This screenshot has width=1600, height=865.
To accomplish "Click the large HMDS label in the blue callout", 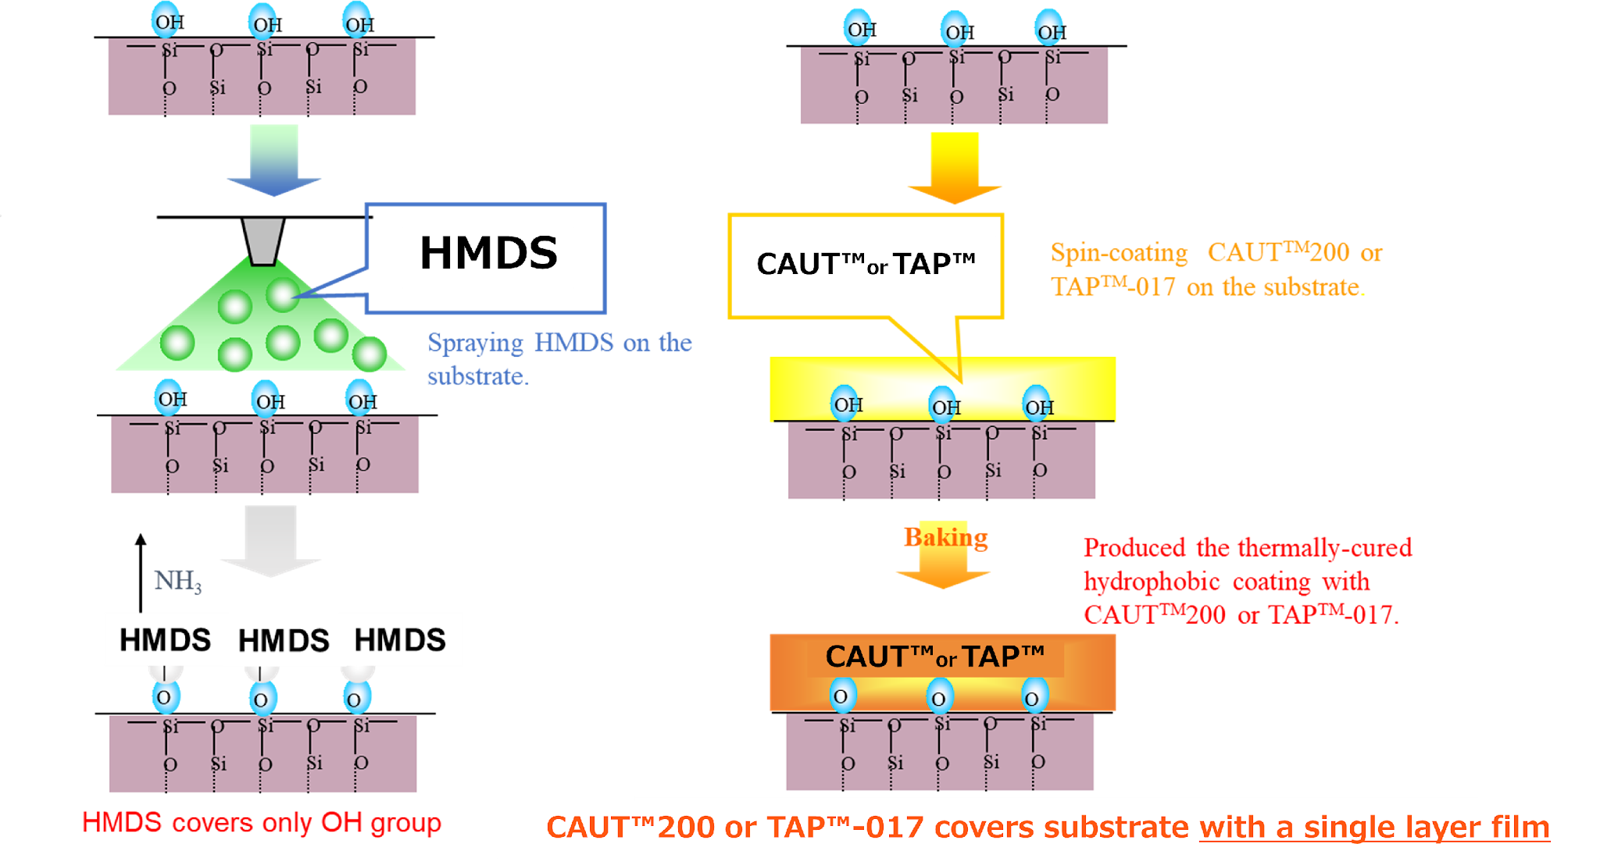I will point(488,255).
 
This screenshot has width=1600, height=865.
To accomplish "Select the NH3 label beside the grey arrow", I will point(178,582).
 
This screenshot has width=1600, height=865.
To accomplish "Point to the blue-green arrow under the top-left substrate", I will point(273,160).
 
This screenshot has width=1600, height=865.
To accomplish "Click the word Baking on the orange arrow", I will point(945,538).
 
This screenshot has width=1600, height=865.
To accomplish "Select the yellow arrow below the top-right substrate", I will point(955,167).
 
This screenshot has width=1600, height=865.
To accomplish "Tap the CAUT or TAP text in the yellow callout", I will point(866,265).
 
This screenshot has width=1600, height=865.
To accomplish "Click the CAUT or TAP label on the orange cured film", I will point(934,657).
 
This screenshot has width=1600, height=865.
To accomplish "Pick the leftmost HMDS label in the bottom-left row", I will point(165,640).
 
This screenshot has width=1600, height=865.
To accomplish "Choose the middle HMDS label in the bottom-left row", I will point(284,641).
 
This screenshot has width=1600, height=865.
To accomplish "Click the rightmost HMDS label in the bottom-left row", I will point(400,640).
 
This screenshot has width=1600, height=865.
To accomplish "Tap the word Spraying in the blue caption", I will point(476,344).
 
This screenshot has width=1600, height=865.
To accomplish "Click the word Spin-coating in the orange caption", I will point(1119,253).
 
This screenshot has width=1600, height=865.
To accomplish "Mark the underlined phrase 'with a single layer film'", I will point(1374,828).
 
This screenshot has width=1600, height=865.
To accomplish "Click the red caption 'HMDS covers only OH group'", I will point(262,823).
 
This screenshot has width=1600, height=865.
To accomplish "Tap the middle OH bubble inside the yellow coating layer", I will point(945,407).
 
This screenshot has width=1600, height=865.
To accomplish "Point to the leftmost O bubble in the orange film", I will point(841,696).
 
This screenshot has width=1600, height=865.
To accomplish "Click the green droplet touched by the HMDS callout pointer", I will point(282,295).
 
